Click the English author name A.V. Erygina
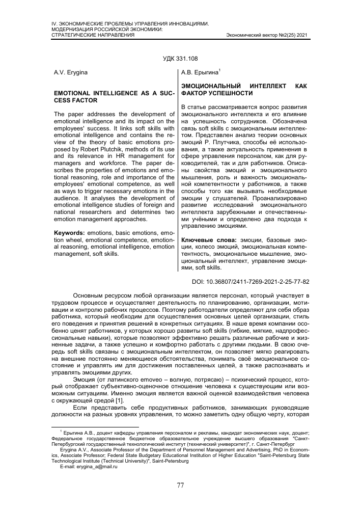[70, 73]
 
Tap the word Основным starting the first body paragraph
[90, 295]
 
